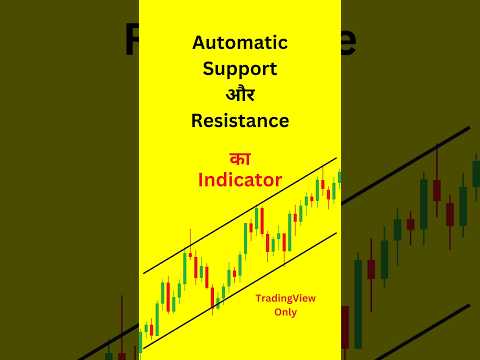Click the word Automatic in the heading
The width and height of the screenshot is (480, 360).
pos(240,44)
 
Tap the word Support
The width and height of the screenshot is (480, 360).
pos(240,72)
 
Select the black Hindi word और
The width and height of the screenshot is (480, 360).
pos(240,97)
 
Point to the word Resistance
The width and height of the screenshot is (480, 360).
pos(240,121)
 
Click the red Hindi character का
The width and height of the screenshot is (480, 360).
pos(239,158)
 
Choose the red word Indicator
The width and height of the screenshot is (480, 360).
pos(240,181)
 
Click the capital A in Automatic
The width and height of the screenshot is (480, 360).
pos(198,44)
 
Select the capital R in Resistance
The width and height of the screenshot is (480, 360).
pos(196,121)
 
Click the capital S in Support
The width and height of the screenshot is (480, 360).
pos(208,72)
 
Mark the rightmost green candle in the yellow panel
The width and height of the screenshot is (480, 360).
pos(338,178)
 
